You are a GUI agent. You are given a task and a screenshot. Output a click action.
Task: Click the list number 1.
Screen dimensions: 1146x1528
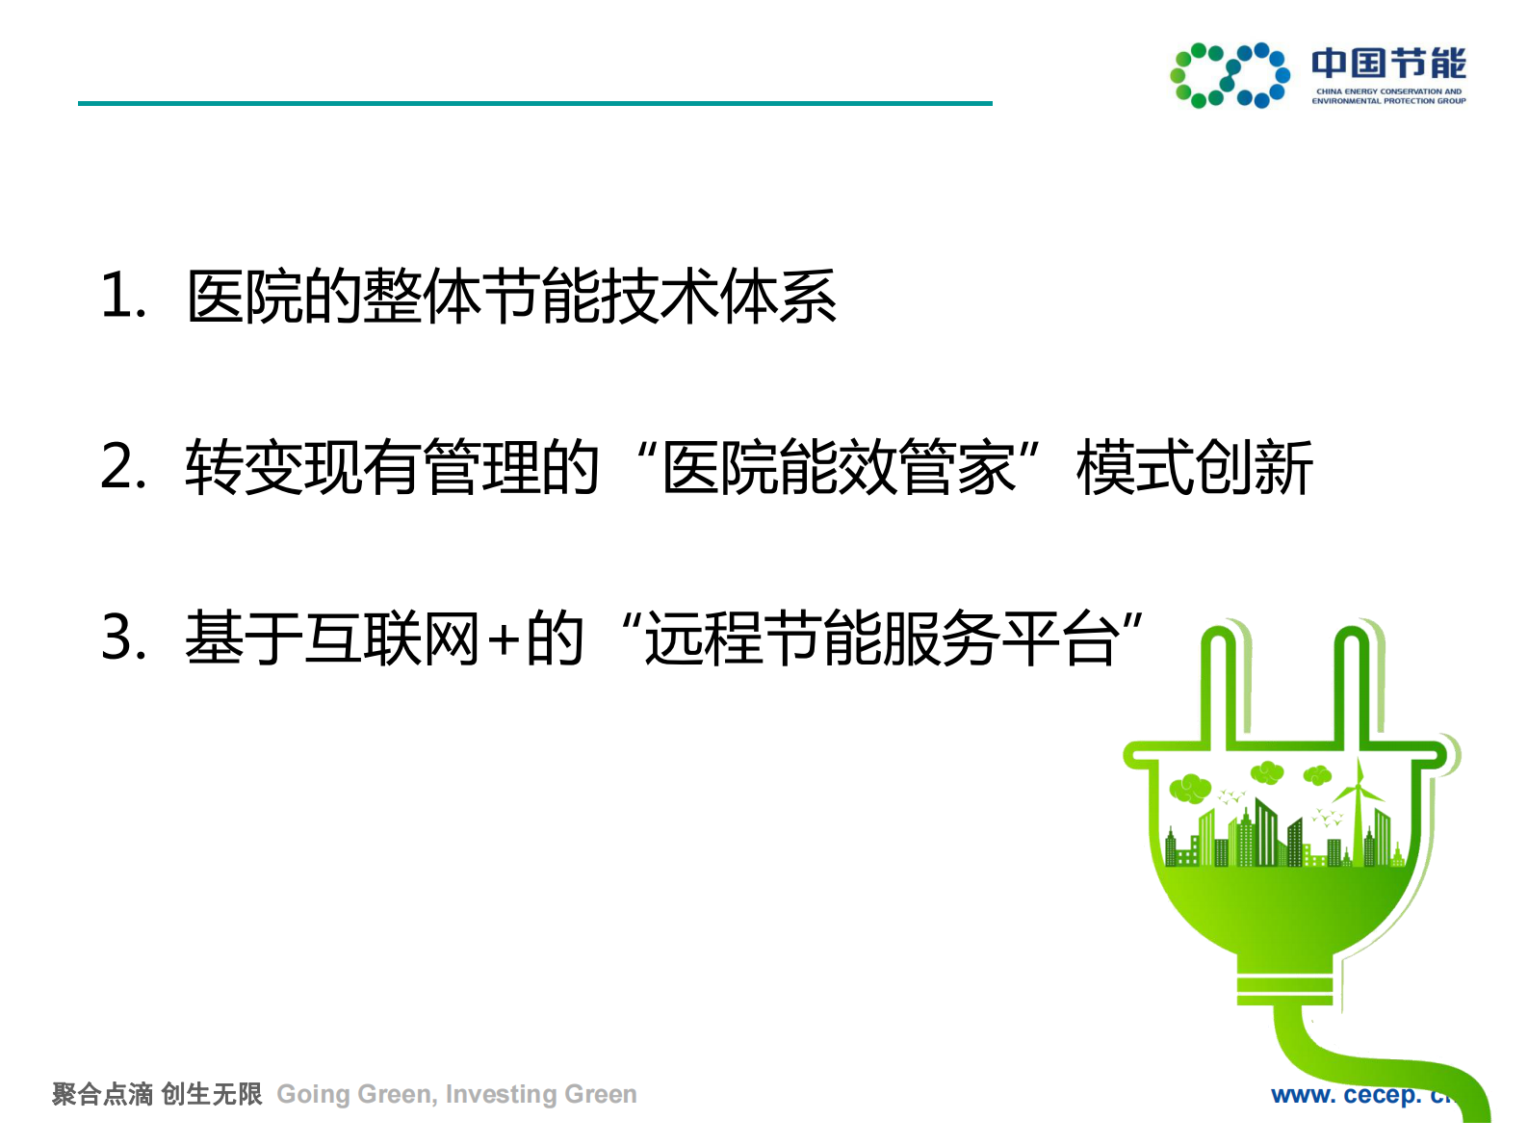pyautogui.click(x=122, y=295)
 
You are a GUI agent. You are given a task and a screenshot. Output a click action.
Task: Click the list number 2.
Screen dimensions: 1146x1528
pyautogui.click(x=122, y=467)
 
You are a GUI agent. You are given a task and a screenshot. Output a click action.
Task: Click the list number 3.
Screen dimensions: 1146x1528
pyautogui.click(x=122, y=638)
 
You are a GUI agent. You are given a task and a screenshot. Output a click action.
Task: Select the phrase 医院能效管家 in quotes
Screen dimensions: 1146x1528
pyautogui.click(x=838, y=468)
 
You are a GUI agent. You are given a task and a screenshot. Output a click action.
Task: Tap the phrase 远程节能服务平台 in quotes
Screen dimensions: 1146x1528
pyautogui.click(x=881, y=638)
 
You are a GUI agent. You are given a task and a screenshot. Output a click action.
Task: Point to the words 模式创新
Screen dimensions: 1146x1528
pyautogui.click(x=1194, y=468)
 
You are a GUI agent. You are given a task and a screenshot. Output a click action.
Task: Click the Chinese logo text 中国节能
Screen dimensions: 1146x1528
pyautogui.click(x=1387, y=64)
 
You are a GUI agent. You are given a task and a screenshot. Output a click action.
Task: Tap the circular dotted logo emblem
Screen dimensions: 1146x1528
pyautogui.click(x=1230, y=75)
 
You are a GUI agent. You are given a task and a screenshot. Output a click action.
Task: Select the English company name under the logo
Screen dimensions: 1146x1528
pyautogui.click(x=1387, y=96)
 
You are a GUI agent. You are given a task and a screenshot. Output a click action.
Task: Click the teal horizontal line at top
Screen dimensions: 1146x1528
pyautogui.click(x=534, y=103)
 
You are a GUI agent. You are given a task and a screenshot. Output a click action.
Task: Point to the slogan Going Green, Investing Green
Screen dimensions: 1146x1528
pyautogui.click(x=456, y=1094)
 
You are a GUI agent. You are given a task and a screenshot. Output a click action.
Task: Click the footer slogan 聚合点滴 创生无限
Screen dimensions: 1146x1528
pyautogui.click(x=157, y=1094)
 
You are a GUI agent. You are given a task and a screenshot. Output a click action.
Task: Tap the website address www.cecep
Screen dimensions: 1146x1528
pyautogui.click(x=1358, y=1095)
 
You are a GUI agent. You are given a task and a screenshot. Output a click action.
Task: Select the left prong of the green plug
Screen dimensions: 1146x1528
pyautogui.click(x=1218, y=684)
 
